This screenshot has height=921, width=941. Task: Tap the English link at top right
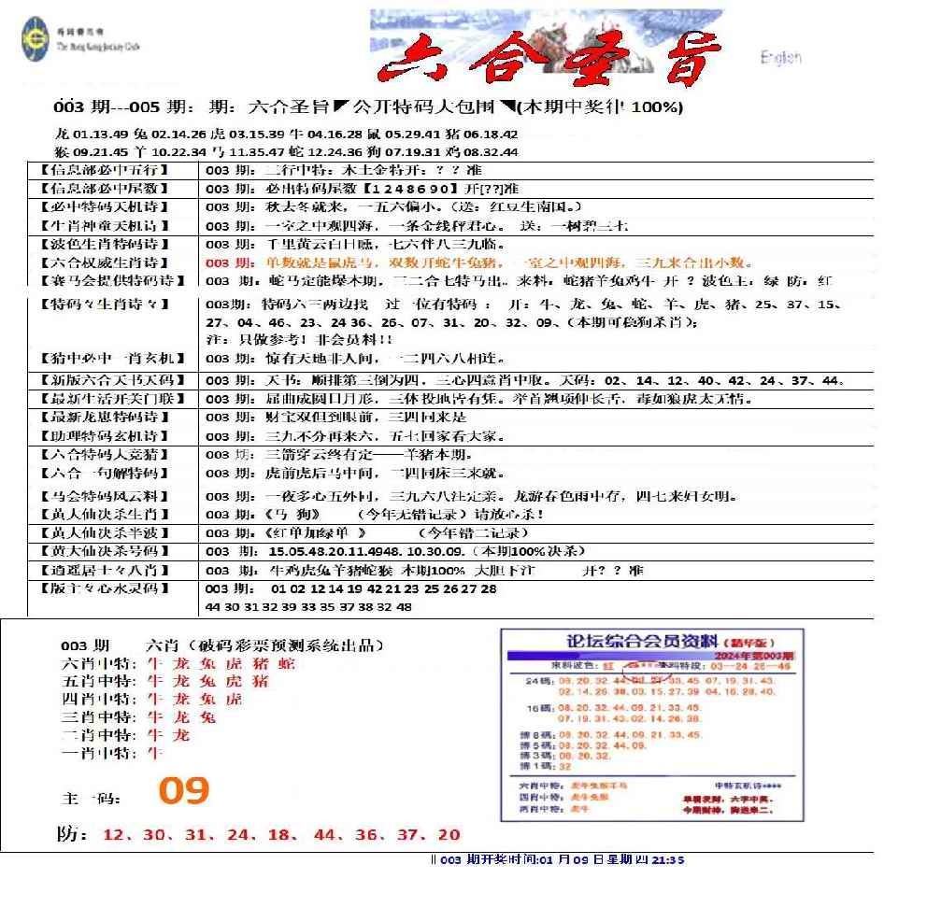coord(780,58)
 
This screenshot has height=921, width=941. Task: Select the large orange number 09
coord(183,791)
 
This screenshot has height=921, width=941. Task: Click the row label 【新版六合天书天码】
coord(107,380)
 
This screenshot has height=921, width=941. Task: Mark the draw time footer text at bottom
coord(557,859)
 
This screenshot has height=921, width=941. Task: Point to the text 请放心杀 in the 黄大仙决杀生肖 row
coord(509,514)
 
